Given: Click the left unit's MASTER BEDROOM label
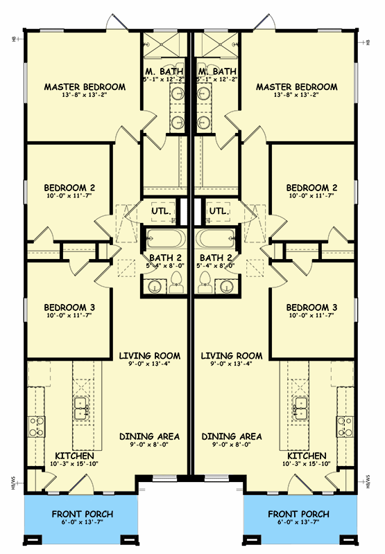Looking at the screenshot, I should point(85,87).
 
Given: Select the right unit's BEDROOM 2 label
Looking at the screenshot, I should point(312,188).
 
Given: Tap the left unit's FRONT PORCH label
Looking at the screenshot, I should point(83,515).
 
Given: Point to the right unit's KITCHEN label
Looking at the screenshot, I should point(307,456).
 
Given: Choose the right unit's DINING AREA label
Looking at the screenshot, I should point(232,436).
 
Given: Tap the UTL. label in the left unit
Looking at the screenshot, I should point(162,211).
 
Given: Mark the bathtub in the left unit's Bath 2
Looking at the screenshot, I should point(163,240).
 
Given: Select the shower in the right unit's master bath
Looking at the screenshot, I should point(209,47).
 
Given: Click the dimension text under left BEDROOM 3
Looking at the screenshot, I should point(69,316).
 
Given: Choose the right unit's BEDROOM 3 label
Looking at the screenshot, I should point(312,307).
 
